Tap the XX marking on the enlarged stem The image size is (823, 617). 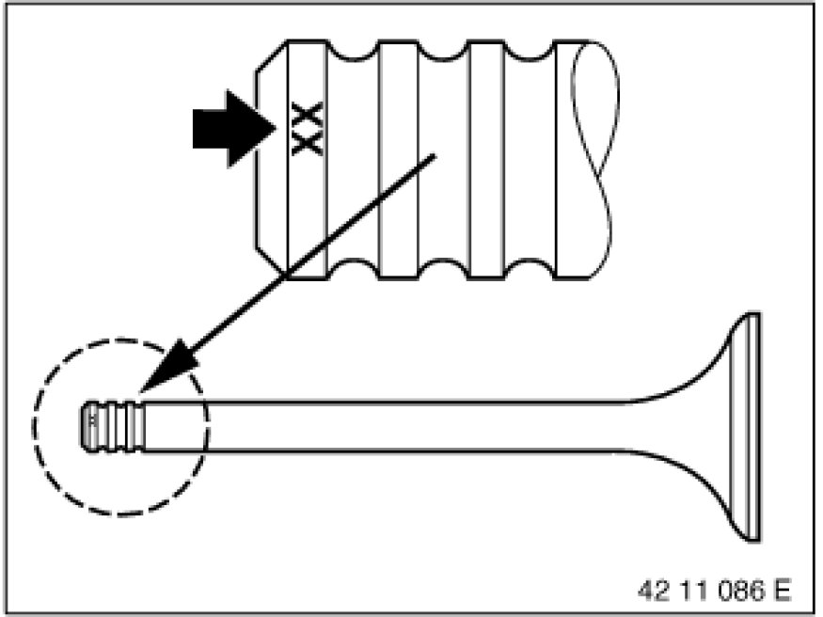click(308, 128)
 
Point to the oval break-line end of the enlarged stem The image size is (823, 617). click(592, 158)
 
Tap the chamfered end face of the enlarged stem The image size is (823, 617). click(271, 158)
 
